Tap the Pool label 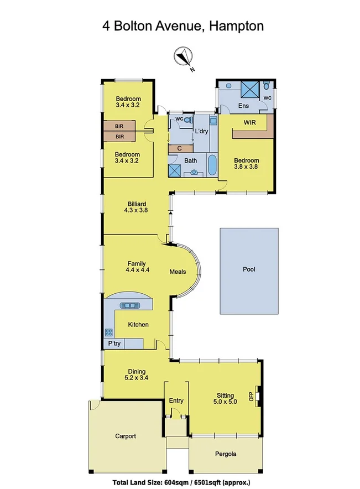click(249, 270)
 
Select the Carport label click(126, 436)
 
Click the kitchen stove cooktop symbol click(108, 332)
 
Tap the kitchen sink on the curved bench click(132, 305)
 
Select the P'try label click(114, 344)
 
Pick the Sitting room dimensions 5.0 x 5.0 click(225, 402)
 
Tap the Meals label click(178, 272)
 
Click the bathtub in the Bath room click(212, 165)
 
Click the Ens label click(243, 105)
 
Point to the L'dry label click(201, 132)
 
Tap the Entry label click(176, 400)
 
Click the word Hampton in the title click(233, 25)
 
